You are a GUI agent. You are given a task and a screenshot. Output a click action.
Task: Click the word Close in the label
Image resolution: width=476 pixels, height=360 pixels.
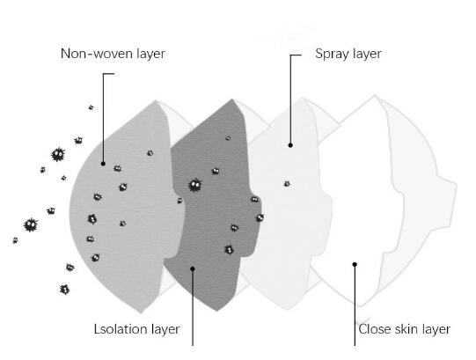(375, 329)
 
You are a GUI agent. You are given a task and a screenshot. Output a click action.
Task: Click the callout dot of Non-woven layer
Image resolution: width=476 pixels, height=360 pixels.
(103, 164)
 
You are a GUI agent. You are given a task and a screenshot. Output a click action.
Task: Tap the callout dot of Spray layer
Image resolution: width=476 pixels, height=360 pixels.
(290, 145)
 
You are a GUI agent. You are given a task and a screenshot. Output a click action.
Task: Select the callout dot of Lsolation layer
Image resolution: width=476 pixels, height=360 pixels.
(192, 268)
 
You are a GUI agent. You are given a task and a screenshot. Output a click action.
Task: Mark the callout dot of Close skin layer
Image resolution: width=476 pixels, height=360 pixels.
(355, 264)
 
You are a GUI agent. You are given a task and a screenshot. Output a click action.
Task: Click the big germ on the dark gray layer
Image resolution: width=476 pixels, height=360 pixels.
(195, 185)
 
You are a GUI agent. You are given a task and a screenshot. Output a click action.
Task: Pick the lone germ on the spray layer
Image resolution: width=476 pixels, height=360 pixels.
(287, 183)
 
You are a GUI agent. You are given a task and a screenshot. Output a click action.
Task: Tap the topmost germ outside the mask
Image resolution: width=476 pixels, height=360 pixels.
(91, 107)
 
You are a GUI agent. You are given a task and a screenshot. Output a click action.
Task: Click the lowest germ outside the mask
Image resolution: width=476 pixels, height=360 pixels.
(64, 290)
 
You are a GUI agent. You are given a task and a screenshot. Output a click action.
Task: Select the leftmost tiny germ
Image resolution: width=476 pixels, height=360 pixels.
(15, 240)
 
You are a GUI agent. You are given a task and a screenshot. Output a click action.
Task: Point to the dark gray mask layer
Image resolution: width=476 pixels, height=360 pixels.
(213, 213)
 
